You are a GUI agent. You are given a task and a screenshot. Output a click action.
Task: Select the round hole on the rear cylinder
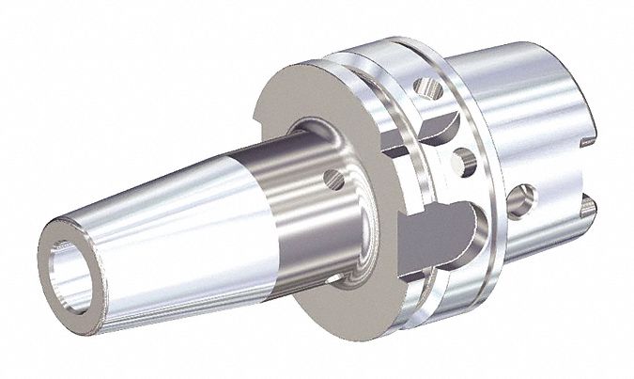(x=522, y=199)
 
